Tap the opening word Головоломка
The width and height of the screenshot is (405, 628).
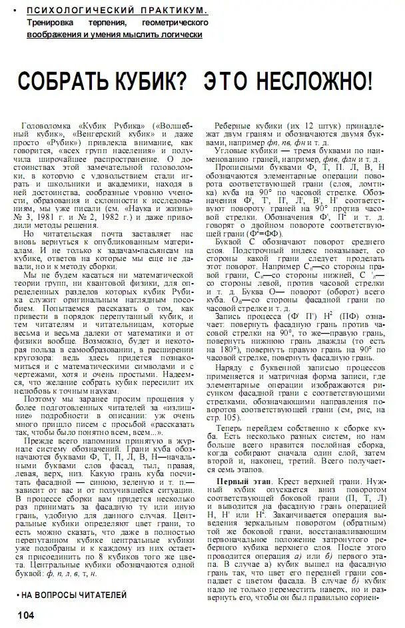pyautogui.click(x=47, y=126)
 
